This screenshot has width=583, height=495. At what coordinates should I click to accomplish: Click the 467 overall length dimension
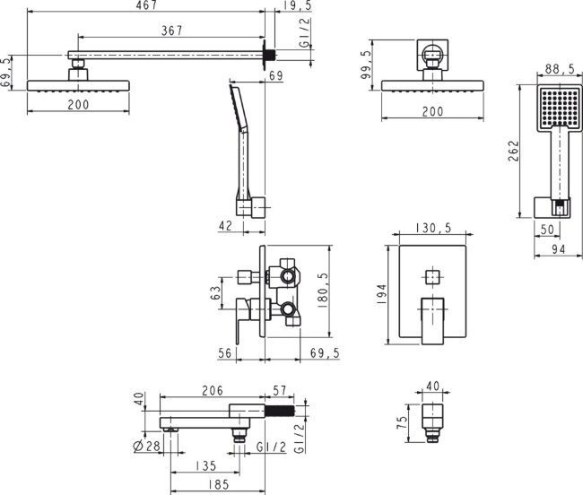click(147, 5)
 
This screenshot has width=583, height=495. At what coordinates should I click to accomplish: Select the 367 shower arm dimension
click(172, 30)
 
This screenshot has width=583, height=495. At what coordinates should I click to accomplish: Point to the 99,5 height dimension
click(367, 65)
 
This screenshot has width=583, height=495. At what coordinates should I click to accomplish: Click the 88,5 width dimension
click(560, 69)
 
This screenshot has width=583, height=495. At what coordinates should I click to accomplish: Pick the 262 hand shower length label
click(513, 151)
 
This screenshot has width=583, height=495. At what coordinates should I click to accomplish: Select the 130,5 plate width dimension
click(433, 228)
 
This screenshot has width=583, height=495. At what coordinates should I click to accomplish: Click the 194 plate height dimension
click(382, 295)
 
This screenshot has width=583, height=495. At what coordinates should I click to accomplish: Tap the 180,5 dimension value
click(322, 291)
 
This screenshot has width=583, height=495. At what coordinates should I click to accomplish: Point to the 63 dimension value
click(216, 293)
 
